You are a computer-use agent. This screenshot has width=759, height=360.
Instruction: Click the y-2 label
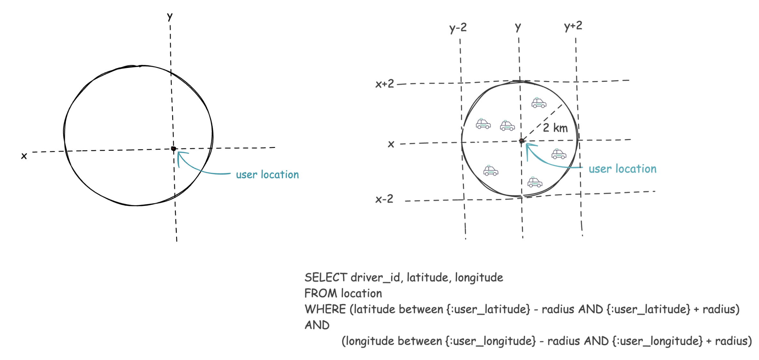(x=458, y=28)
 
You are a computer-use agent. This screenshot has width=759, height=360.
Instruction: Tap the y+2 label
(x=573, y=26)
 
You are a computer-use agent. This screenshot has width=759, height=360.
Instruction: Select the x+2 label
(x=385, y=84)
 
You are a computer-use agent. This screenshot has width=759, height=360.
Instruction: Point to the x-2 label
(x=384, y=199)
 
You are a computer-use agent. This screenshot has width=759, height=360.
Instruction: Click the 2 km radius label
(x=555, y=128)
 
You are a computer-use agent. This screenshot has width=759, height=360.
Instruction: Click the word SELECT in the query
(x=326, y=277)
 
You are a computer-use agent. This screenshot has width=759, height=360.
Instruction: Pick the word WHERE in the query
(x=325, y=309)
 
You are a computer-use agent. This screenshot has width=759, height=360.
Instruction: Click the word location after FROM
(x=362, y=293)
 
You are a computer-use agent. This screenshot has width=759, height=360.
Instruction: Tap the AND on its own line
(x=317, y=325)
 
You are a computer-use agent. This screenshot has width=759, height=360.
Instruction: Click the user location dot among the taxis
(x=521, y=141)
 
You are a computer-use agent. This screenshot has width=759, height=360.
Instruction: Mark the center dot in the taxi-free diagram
(x=174, y=149)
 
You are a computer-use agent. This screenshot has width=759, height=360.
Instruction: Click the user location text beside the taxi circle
(x=622, y=169)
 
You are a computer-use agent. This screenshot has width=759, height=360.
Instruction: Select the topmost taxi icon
(x=539, y=103)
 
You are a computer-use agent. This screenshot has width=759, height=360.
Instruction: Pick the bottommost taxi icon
(x=535, y=182)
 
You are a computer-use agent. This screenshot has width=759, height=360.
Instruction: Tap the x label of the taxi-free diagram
(x=24, y=156)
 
